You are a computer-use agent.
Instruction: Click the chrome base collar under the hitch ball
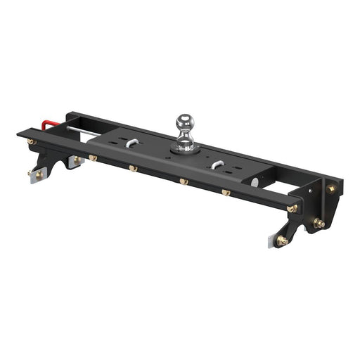[186, 146]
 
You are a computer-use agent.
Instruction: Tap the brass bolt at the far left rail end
[32, 143]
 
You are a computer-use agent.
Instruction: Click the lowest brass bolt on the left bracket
[32, 172]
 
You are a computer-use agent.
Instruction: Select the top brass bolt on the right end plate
[331, 188]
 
